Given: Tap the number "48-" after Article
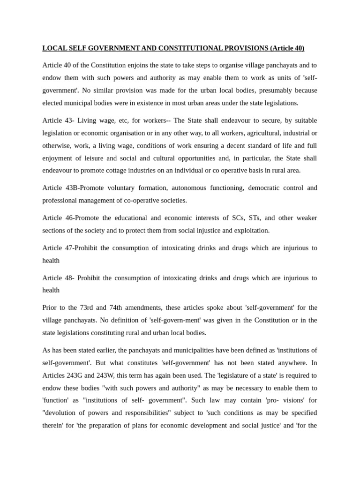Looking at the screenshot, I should [x=69, y=278].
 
